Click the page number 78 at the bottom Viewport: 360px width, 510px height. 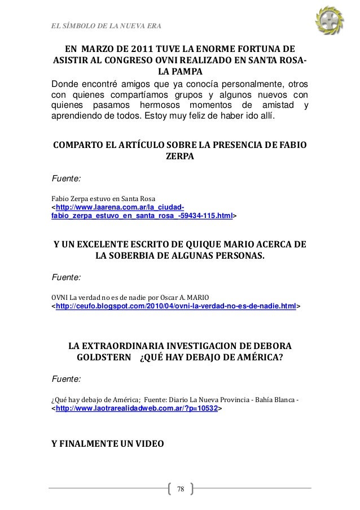click(x=180, y=488)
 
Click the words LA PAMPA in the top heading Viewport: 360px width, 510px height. click(x=180, y=72)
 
